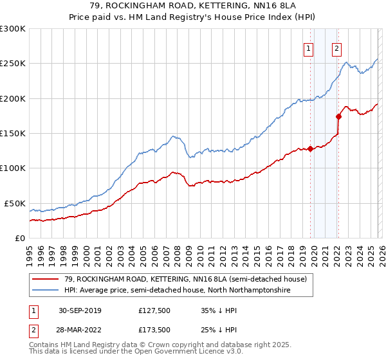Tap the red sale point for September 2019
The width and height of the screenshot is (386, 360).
[x=310, y=148]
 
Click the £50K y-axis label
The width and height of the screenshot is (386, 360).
[x=15, y=203]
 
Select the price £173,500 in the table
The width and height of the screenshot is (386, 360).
[x=155, y=328]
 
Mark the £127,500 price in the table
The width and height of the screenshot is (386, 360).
[x=155, y=310]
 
